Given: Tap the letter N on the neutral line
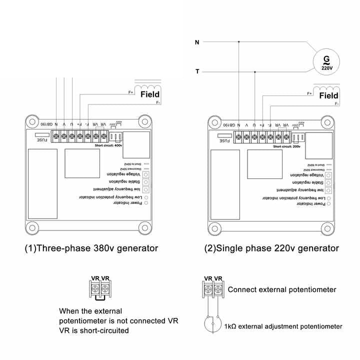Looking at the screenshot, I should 197,42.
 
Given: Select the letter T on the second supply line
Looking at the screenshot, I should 197,71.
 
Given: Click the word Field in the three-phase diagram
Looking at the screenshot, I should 150,94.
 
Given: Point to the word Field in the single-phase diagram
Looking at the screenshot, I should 328,95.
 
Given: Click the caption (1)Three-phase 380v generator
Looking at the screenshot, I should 91,248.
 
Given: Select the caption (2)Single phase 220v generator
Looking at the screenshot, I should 271,248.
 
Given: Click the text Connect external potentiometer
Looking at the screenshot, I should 282,289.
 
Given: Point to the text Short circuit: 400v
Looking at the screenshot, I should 108,145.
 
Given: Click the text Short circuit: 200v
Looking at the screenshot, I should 286,146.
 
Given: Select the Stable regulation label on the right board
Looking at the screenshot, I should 309,183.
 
